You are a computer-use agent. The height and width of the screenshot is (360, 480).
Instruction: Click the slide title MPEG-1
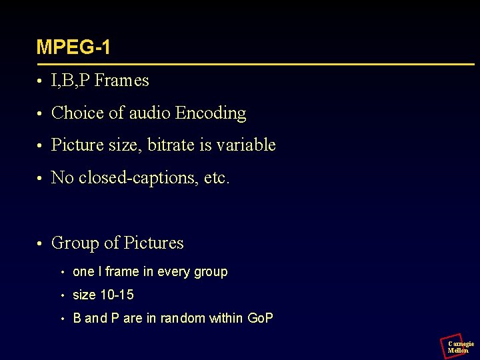[x=73, y=47]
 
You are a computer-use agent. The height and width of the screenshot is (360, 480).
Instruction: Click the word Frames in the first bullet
[x=121, y=81]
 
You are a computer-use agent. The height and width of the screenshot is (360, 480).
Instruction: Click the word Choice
[x=77, y=113]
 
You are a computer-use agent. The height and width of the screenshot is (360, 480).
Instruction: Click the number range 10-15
[x=117, y=295]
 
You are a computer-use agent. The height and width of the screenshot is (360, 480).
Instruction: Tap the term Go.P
[x=260, y=319]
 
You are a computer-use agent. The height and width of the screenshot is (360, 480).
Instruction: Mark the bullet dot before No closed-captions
[x=40, y=179]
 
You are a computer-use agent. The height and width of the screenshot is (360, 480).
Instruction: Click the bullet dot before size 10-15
[x=61, y=295]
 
